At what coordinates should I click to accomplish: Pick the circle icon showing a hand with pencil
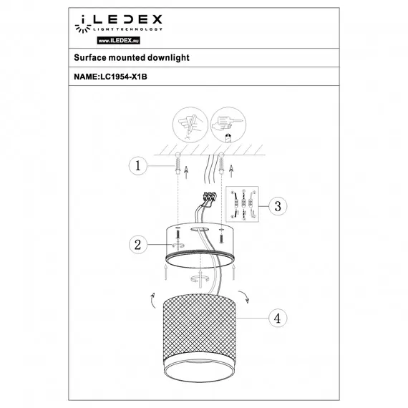[186, 125]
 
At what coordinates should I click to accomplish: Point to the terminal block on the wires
[210, 196]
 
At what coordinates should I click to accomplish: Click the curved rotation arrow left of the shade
[151, 301]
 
